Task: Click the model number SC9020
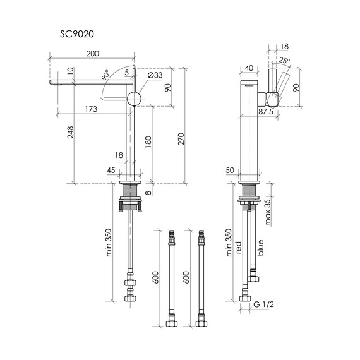pyautogui.click(x=77, y=34)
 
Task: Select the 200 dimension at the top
pyautogui.click(x=93, y=54)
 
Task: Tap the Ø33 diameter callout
pyautogui.click(x=155, y=75)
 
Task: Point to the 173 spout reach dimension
pyautogui.click(x=91, y=109)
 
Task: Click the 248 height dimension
pyautogui.click(x=70, y=132)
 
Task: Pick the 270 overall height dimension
pyautogui.click(x=181, y=139)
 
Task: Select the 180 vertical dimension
pyautogui.click(x=148, y=141)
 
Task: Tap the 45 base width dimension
pyautogui.click(x=111, y=171)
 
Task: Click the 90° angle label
pyautogui.click(x=106, y=76)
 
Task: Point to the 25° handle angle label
pyautogui.click(x=284, y=61)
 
